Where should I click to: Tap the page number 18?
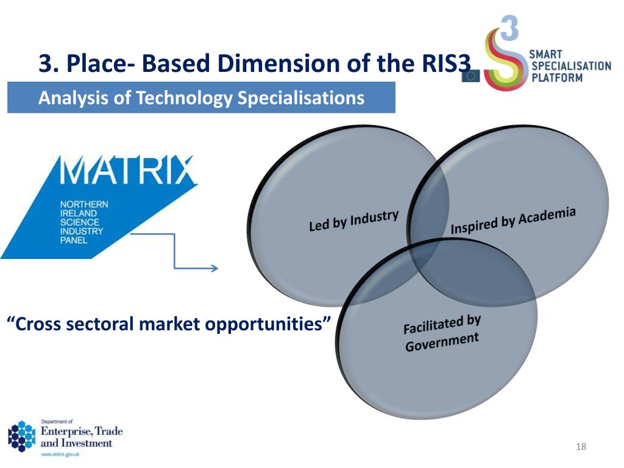[x=580, y=448]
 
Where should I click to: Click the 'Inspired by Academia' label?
[x=512, y=221]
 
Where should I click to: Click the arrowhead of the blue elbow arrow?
[x=214, y=268]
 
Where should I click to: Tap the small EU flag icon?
[x=470, y=76]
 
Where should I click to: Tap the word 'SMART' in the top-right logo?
[x=547, y=55]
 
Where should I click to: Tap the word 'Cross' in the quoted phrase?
[x=37, y=324]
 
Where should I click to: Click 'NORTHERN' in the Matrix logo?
[x=83, y=205]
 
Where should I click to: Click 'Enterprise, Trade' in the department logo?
[x=82, y=431]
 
